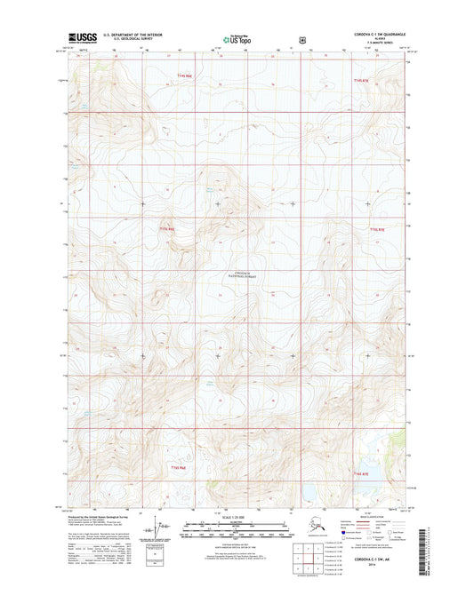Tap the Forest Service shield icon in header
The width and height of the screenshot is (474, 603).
305,39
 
